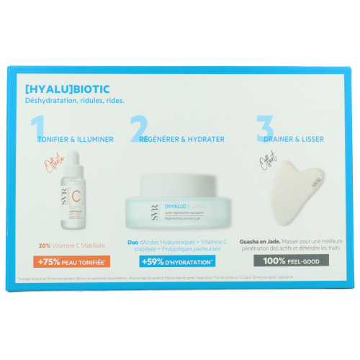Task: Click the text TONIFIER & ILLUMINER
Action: [x=75, y=140]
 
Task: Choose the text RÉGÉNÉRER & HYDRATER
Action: [x=181, y=140]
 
